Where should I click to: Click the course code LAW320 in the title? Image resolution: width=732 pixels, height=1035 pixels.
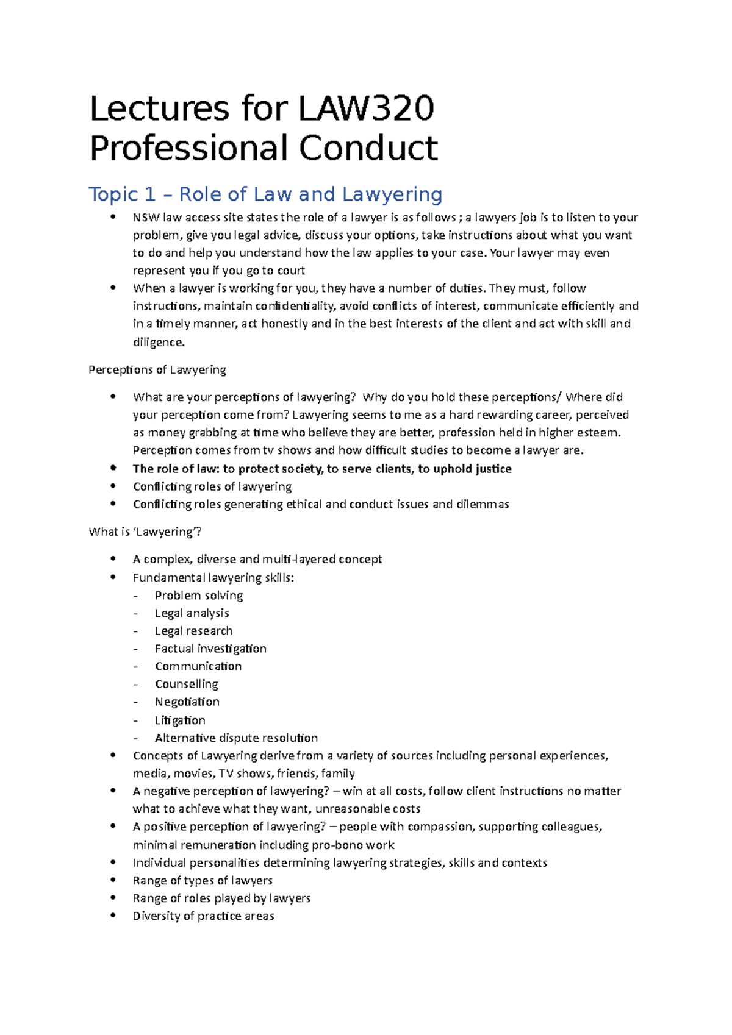[x=366, y=108]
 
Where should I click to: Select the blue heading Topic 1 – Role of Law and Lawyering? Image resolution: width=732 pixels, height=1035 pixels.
[x=265, y=194]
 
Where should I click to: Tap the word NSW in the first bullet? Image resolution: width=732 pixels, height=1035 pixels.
[x=146, y=218]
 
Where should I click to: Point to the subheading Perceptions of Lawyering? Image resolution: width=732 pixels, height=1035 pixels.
[x=157, y=370]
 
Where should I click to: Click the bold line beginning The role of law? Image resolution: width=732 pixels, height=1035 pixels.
[x=322, y=469]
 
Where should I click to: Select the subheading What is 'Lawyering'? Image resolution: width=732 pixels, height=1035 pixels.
[x=145, y=532]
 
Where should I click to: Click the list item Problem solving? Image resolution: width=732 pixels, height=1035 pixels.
[x=199, y=596]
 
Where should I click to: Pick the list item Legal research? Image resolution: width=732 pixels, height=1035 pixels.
[x=193, y=631]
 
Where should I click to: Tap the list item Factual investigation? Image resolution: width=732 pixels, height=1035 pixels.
[x=210, y=649]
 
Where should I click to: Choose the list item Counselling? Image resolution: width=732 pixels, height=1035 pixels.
[x=186, y=684]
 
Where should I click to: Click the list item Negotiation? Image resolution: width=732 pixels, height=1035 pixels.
[x=187, y=702]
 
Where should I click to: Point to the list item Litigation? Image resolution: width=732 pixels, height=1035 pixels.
[x=180, y=720]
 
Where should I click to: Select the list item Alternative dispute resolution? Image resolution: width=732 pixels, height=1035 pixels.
[x=236, y=738]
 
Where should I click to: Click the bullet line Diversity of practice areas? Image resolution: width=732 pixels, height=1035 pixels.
[x=203, y=916]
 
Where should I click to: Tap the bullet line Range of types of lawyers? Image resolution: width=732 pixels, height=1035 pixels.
[x=203, y=881]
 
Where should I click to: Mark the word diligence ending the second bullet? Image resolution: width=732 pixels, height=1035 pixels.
[x=158, y=343]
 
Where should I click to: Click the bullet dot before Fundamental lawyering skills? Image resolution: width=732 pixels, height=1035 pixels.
[x=113, y=577]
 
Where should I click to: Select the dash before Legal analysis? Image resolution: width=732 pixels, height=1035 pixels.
[x=135, y=614]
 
